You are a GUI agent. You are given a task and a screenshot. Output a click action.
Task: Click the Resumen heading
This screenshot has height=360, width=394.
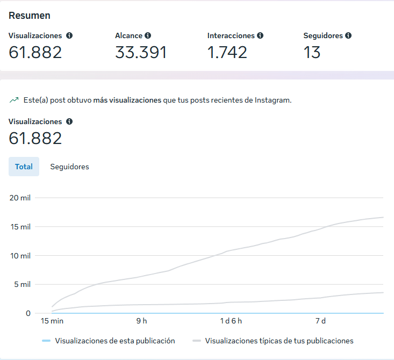point(30,16)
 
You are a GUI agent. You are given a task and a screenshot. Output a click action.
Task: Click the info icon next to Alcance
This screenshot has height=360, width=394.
point(148,35)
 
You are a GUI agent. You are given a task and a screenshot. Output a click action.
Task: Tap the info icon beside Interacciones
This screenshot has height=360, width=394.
point(260,35)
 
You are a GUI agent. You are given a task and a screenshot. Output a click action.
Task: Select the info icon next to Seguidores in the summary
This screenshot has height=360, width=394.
point(348,35)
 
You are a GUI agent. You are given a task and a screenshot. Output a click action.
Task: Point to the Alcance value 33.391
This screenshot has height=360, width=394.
point(141,52)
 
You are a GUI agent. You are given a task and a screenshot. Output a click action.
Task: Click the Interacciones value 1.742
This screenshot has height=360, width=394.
point(227,52)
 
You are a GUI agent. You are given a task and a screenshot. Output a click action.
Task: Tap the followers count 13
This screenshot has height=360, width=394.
point(312,52)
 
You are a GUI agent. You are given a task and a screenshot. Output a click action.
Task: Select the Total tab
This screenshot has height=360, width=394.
point(24,167)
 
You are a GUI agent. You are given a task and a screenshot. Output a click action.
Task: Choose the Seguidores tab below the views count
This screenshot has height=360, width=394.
point(69,167)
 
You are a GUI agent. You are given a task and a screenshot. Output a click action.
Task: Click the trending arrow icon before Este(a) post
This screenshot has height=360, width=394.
point(13,100)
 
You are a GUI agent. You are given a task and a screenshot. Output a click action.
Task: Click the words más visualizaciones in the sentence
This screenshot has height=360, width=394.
point(127,100)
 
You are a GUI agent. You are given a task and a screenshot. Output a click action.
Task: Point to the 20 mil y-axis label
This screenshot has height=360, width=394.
point(20,198)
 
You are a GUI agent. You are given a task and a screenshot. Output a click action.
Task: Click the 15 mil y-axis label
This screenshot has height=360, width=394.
point(20,227)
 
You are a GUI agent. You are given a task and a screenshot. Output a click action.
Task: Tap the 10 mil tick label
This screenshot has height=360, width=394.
point(20,255)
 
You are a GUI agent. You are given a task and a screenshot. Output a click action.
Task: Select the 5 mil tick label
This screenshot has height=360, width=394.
point(22,284)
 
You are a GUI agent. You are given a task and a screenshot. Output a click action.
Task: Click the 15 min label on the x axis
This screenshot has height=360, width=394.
point(53,321)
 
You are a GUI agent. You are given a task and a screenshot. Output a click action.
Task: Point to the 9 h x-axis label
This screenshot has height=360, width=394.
point(141,321)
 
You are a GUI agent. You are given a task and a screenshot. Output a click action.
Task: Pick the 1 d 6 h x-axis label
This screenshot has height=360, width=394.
point(232,321)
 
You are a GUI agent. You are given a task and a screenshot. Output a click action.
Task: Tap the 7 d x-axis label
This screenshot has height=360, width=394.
point(320,321)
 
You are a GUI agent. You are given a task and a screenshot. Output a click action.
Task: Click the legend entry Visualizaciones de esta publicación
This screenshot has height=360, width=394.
point(114,341)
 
